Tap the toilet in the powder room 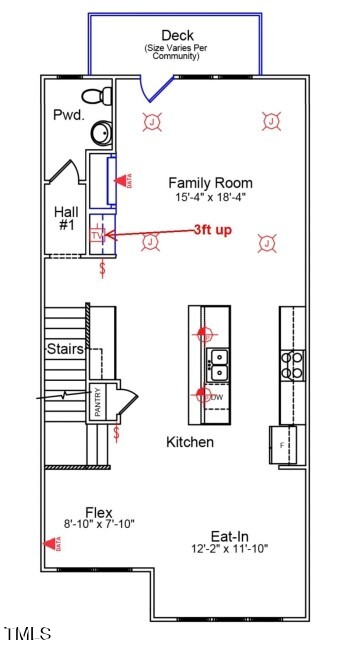click(95, 98)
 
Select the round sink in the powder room click(101, 132)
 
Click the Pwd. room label click(68, 115)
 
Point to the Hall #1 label click(66, 219)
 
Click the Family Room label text click(210, 183)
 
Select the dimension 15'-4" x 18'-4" click(210, 198)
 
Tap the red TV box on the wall click(97, 236)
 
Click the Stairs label click(64, 349)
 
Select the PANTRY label click(98, 403)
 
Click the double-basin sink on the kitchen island click(217, 365)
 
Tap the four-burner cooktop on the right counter click(292, 365)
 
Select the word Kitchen click(190, 441)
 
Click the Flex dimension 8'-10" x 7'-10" click(98, 523)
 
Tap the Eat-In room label click(230, 534)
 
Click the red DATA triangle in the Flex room click(50, 544)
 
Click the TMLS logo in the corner click(28, 634)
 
